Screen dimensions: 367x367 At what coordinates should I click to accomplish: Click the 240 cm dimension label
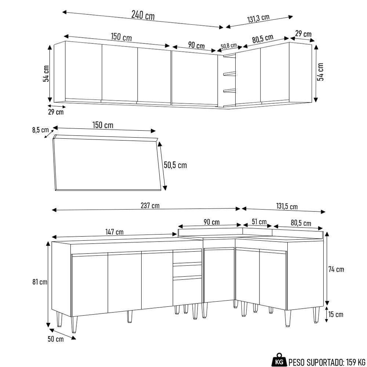143,15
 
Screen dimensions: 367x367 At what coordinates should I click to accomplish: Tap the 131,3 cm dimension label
258,19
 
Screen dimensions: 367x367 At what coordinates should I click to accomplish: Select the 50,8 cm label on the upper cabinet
229,46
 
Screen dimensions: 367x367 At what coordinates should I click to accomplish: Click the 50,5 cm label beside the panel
175,165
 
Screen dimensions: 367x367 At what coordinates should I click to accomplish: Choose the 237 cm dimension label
150,206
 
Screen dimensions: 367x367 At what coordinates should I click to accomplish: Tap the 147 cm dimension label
114,232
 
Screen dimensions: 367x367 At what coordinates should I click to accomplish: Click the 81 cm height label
40,282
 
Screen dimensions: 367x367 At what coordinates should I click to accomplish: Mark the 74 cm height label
336,269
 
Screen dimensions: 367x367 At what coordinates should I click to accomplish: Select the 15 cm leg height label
336,314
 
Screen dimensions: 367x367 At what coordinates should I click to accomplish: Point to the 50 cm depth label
55,339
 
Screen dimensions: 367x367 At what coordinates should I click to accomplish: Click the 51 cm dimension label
259,222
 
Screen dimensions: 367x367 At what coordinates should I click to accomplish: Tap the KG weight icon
280,361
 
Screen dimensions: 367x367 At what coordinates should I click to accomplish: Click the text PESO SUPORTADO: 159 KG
327,362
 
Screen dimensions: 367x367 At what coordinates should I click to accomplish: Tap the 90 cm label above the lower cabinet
211,222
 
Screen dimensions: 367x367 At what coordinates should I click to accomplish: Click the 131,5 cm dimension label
287,207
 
